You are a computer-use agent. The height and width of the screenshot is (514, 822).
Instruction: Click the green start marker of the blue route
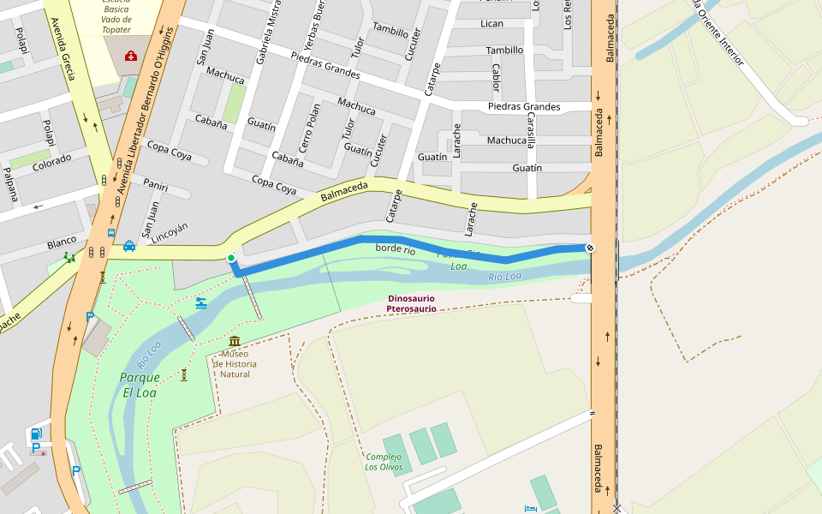coord(230,258)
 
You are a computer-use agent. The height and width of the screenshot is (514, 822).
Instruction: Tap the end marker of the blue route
coord(589,248)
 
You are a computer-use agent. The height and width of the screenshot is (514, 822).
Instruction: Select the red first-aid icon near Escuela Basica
coord(131,57)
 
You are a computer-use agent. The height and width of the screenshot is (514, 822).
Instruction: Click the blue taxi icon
coord(128,246)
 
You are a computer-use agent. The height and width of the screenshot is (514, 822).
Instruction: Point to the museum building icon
coord(235,342)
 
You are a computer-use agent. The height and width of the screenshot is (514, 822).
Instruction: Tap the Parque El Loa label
coord(140,385)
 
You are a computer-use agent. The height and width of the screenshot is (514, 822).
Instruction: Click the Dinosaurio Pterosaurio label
coord(411,303)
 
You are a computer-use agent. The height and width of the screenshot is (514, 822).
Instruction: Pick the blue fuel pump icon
coord(36,433)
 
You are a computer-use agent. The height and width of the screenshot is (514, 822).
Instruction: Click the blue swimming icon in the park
coord(200,303)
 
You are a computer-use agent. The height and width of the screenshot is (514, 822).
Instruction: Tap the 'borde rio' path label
coord(396,249)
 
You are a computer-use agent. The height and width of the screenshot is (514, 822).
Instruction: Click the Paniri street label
coord(156,185)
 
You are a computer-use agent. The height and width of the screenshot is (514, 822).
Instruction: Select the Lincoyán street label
coord(170,233)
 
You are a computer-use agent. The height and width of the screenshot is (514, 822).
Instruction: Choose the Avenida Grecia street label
coord(63,48)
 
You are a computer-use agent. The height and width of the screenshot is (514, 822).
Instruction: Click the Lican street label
coord(491,23)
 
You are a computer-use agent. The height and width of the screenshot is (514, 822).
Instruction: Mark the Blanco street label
coord(62,242)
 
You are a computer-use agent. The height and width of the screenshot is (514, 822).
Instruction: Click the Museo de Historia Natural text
coord(235,364)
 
